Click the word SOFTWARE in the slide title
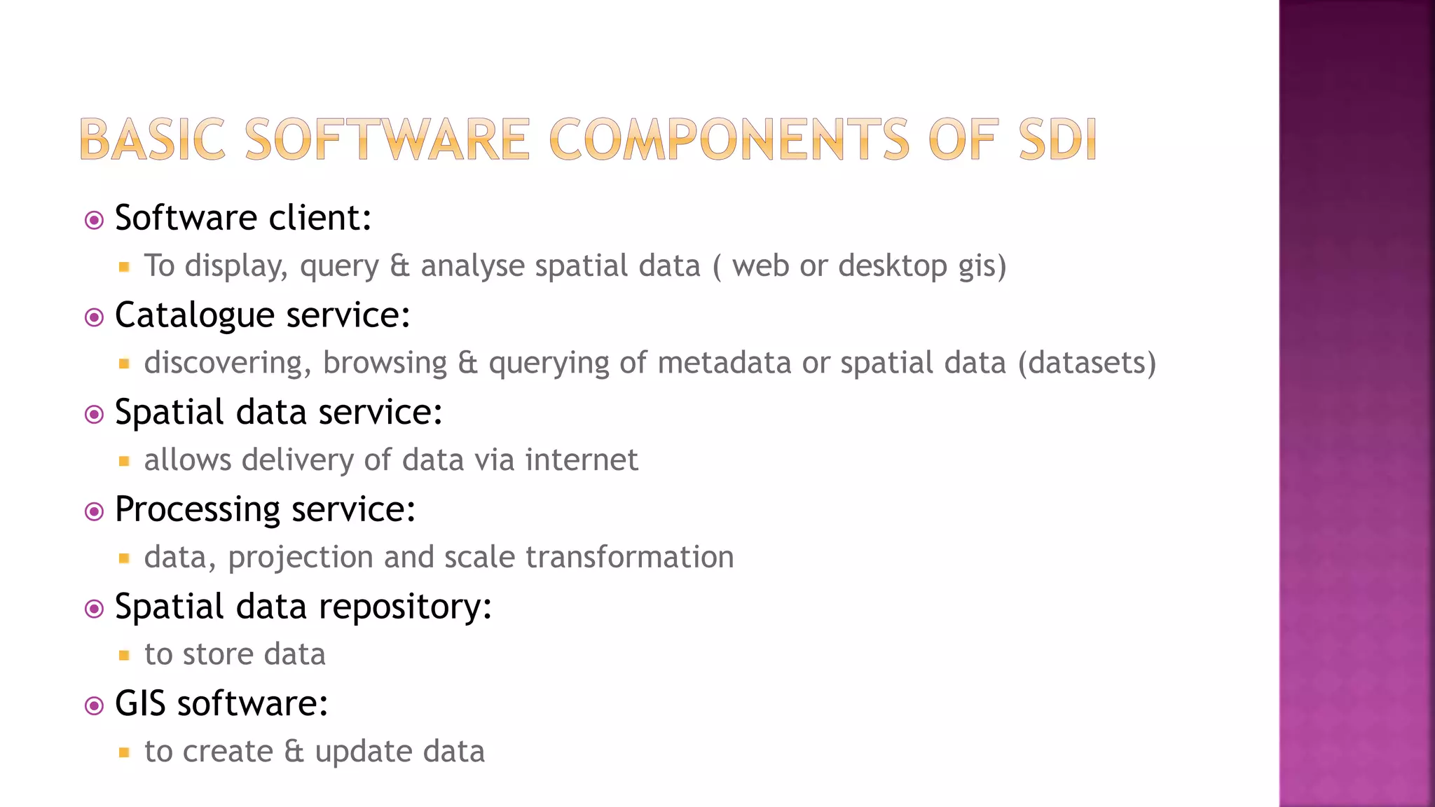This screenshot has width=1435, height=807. click(387, 139)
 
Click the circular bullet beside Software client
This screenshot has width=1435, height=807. click(94, 221)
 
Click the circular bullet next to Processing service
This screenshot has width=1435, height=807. click(94, 512)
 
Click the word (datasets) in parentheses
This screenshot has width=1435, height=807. click(1087, 363)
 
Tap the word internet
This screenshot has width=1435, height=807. click(582, 460)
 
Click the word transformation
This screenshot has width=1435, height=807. click(629, 558)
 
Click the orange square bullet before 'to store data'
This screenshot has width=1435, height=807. click(124, 656)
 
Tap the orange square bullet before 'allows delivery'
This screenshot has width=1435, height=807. click(124, 461)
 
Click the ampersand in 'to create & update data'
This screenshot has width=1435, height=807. click(294, 752)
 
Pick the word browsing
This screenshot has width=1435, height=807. click(385, 363)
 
